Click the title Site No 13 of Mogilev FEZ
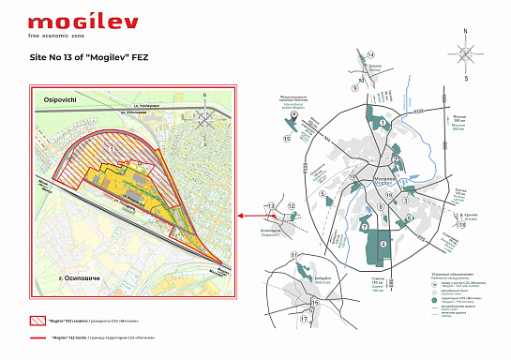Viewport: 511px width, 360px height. (90, 56)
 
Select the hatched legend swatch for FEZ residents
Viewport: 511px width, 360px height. (38, 320)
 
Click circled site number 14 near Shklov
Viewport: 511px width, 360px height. (357, 57)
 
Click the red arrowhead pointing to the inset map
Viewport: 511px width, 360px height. (241, 216)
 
